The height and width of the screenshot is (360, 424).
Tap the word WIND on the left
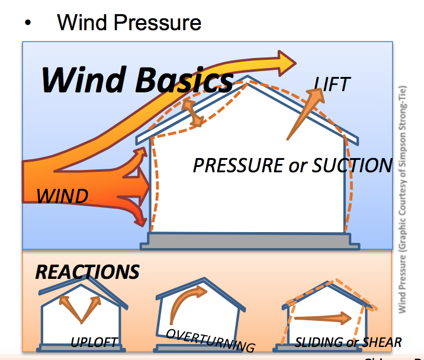click(x=62, y=195)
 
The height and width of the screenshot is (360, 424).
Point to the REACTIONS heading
click(x=87, y=272)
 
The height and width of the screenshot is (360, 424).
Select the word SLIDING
click(x=319, y=342)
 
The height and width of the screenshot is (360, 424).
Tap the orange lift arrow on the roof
click(x=304, y=116)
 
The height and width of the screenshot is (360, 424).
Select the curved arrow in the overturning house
click(x=187, y=303)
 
